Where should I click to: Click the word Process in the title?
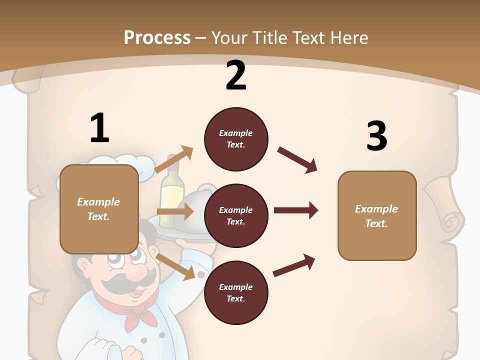click(x=157, y=37)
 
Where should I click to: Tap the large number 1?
click(x=99, y=128)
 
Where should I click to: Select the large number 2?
click(x=236, y=75)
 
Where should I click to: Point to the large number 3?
click(x=376, y=136)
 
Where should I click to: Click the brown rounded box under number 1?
click(x=99, y=209)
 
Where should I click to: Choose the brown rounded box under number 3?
click(x=377, y=216)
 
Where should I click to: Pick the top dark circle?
click(x=236, y=139)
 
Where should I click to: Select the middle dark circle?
click(x=236, y=216)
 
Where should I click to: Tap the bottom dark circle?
click(x=236, y=293)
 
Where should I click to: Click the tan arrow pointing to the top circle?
click(x=174, y=159)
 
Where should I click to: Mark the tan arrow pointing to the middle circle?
click(x=175, y=211)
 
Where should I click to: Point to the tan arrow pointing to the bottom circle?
click(x=176, y=266)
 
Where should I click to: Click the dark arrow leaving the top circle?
click(x=297, y=160)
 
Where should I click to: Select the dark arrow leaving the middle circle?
click(x=296, y=210)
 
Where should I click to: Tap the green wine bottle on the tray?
click(x=172, y=187)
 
